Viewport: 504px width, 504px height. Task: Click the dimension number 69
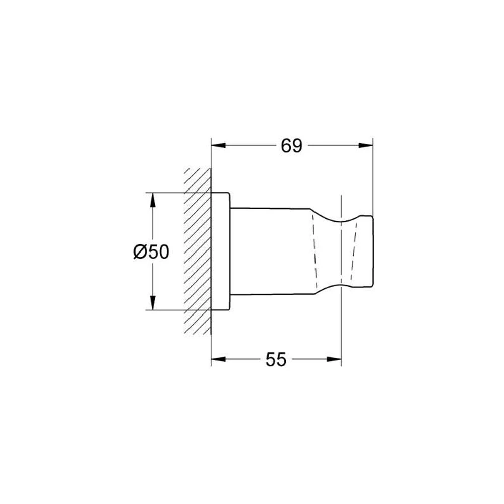[x=291, y=146]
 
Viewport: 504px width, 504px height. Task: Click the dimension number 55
[x=276, y=360]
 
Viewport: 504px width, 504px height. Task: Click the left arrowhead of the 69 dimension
[x=218, y=146]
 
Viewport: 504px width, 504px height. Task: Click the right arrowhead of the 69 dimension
[x=366, y=146]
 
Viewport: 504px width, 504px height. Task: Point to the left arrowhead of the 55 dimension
[x=218, y=359]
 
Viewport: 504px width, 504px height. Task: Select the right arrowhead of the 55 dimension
[x=334, y=359]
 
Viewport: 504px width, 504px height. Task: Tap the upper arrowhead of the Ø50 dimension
[x=153, y=200]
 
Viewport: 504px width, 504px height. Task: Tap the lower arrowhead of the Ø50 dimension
[x=153, y=303]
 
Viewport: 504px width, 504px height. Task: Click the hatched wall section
[x=198, y=251]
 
